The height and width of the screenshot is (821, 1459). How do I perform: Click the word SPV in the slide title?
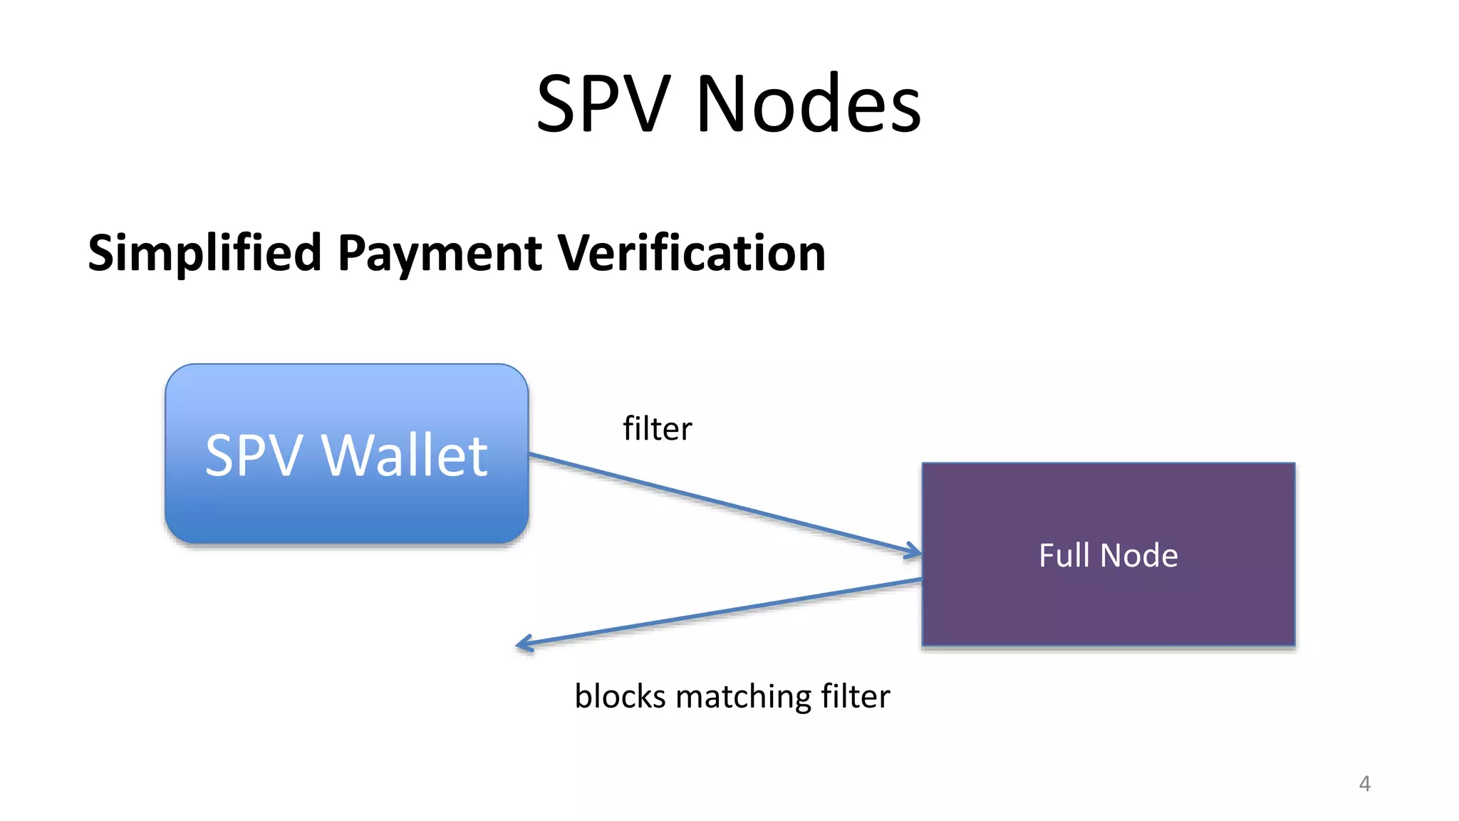[603, 104]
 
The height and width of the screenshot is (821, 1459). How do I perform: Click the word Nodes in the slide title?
[809, 104]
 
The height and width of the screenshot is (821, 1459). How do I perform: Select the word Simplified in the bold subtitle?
[204, 253]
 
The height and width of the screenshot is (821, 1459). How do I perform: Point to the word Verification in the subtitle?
[691, 253]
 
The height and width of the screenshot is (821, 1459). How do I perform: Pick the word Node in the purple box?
[1139, 555]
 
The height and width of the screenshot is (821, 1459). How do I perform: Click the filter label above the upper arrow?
[657, 429]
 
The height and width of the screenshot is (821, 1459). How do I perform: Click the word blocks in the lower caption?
[620, 696]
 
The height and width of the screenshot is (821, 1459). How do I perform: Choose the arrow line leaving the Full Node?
[720, 612]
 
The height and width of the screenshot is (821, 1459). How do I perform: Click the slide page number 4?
[1364, 783]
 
